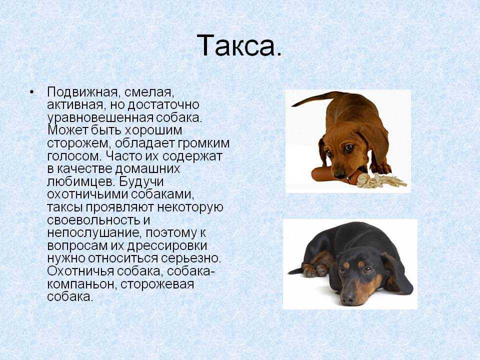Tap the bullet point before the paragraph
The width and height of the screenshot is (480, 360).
point(31,92)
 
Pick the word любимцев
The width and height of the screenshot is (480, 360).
point(81,182)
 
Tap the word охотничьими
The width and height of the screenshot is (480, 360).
point(87,194)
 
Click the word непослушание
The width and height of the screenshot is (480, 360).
point(94,233)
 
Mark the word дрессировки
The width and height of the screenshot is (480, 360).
point(167,246)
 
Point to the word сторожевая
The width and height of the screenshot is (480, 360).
point(157,284)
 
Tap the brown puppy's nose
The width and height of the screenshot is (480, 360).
point(339,174)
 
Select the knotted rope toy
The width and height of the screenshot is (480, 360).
point(379,180)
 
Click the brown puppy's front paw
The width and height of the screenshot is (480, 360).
point(380,168)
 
